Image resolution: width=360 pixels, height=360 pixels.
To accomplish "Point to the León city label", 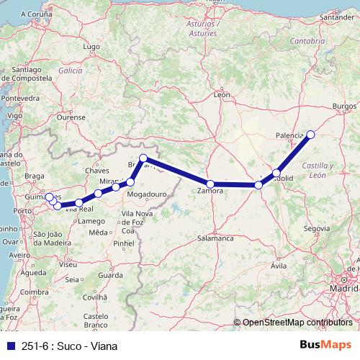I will pyautogui.click(x=222, y=94).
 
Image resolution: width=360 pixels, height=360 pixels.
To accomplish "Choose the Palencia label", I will pyautogui.click(x=290, y=135).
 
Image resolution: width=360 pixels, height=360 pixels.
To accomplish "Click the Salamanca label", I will pyautogui.click(x=215, y=238).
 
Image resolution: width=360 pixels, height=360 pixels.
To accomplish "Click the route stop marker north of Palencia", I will pyautogui.click(x=311, y=134).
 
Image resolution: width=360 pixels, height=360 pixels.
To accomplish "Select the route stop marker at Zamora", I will pyautogui.click(x=210, y=184).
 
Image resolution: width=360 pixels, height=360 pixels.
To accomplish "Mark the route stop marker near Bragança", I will pyautogui.click(x=143, y=158).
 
